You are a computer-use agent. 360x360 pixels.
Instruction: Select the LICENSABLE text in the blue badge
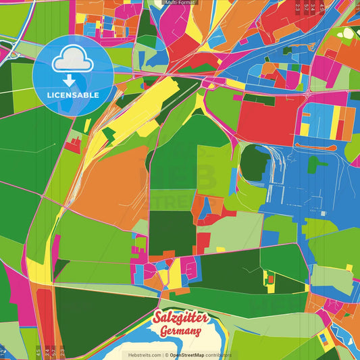click(x=73, y=95)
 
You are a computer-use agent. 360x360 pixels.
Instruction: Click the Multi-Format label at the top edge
click(x=180, y=3)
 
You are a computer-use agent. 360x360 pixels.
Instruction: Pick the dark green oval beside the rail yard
click(x=253, y=162)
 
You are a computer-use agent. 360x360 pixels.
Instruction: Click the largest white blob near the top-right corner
click(x=348, y=32)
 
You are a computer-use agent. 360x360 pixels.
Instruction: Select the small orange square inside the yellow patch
click(x=271, y=278)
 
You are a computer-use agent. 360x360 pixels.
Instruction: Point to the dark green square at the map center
click(x=172, y=233)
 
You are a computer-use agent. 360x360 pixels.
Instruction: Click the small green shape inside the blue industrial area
click(x=315, y=163)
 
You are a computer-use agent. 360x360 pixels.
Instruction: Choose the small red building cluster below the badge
click(x=73, y=144)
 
